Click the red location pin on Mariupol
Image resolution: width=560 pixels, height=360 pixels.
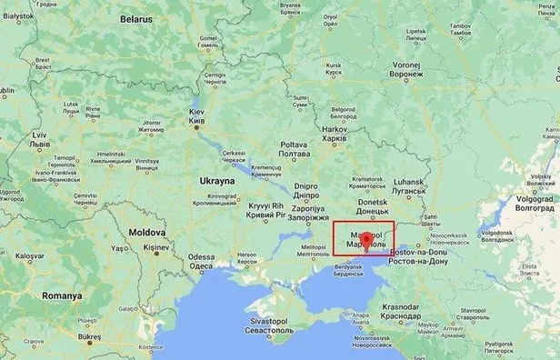365,241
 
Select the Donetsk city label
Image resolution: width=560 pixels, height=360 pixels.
371,201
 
